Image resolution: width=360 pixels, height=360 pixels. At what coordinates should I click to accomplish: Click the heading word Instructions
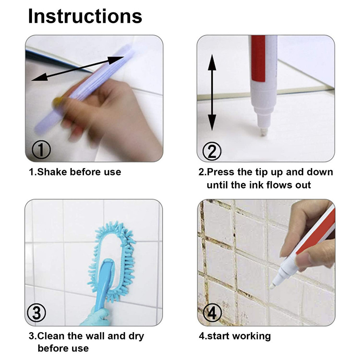(x=85, y=16)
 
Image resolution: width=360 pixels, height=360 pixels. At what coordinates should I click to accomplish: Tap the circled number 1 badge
(x=41, y=150)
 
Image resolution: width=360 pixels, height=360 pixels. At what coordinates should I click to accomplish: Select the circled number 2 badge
(x=212, y=151)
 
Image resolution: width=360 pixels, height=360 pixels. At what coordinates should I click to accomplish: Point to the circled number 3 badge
(x=37, y=313)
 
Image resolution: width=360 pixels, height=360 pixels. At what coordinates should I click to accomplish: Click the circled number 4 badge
(x=212, y=313)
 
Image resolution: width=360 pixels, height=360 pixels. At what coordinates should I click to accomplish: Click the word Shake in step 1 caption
(x=52, y=172)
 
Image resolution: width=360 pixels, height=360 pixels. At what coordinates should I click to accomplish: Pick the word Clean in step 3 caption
(x=51, y=336)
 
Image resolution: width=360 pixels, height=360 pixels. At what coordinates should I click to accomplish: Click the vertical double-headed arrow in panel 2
(x=212, y=92)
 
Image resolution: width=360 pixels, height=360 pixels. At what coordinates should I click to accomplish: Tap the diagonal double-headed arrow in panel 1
(x=78, y=69)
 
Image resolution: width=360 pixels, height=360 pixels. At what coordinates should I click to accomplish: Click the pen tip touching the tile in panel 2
(x=264, y=132)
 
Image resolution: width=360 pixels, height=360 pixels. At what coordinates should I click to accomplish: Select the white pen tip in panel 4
(x=272, y=285)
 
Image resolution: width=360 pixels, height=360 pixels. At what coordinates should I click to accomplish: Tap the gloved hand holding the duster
(x=96, y=317)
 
